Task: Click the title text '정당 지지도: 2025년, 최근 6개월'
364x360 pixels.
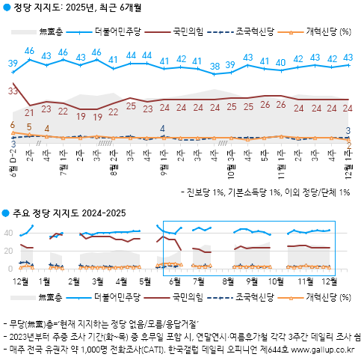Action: (78, 8)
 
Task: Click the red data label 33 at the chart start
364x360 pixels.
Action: (13, 91)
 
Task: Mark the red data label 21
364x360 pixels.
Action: (30, 112)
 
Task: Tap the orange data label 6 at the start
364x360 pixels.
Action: (13, 125)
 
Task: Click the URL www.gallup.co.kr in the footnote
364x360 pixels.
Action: (327, 349)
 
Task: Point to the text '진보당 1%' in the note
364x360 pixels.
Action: (212, 192)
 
